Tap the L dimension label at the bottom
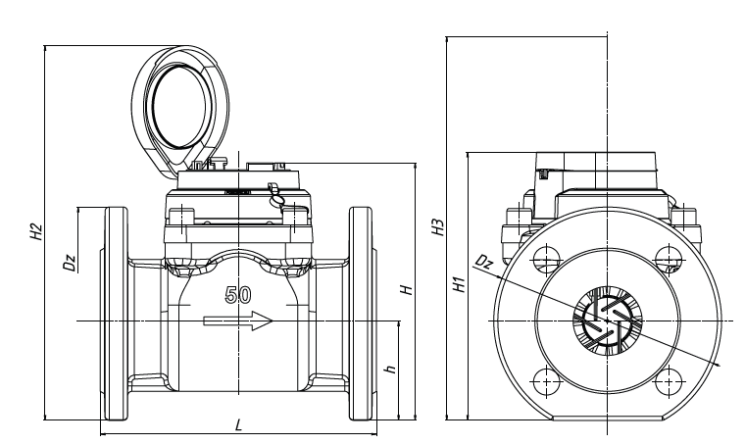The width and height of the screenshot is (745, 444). pyautogui.click(x=239, y=424)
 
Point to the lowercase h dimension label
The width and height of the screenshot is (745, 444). pyautogui.click(x=390, y=370)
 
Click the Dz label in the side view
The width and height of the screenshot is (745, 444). pyautogui.click(x=69, y=262)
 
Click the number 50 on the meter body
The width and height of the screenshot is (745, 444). pyautogui.click(x=238, y=294)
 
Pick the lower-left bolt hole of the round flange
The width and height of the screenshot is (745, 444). pyautogui.click(x=545, y=377)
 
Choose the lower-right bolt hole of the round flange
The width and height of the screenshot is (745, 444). pyautogui.click(x=670, y=377)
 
